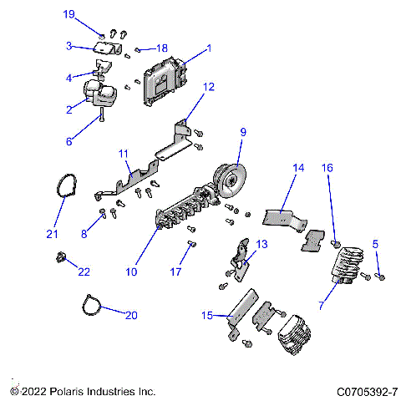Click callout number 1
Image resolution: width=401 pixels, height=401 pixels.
click(x=209, y=48)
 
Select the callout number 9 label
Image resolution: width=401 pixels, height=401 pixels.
click(x=243, y=132)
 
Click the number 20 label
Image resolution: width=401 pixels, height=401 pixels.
click(x=131, y=315)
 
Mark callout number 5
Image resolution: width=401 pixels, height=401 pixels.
click(x=375, y=243)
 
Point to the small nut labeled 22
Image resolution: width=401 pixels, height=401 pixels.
click(x=61, y=256)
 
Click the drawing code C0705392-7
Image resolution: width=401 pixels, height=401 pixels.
click(x=368, y=391)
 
